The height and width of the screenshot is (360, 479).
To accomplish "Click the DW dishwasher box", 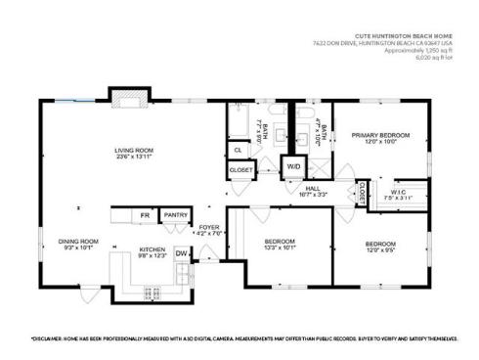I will [181, 253].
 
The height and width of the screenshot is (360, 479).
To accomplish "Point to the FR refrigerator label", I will [145, 214].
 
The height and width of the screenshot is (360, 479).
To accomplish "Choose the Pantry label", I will [175, 214].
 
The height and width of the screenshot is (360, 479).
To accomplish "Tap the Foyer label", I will [209, 230].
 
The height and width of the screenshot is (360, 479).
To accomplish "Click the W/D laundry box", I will [293, 166].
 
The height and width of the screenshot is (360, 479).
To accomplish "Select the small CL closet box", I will [238, 150].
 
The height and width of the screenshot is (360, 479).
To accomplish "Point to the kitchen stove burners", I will [152, 291].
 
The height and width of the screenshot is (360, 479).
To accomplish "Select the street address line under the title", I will [384, 43].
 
